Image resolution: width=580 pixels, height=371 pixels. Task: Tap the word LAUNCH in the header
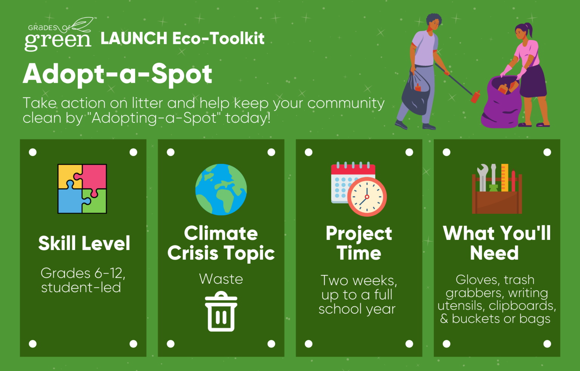tap(134, 38)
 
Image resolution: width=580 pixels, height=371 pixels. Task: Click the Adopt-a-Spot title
tap(117, 74)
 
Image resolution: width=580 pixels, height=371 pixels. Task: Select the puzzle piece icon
tap(82, 189)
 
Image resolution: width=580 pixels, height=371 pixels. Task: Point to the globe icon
tap(221, 189)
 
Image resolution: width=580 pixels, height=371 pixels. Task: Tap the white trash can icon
tap(221, 311)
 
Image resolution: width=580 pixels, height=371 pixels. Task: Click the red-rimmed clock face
tap(367, 197)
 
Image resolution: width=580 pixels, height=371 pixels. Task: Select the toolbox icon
tap(497, 189)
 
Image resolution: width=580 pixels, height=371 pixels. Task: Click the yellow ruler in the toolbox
tap(504, 178)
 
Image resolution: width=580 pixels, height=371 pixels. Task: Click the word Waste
tap(221, 279)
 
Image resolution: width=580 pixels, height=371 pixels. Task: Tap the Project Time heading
tap(359, 243)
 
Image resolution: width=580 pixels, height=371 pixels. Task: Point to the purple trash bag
tap(501, 102)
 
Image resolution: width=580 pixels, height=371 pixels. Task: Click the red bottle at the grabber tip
tap(475, 96)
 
